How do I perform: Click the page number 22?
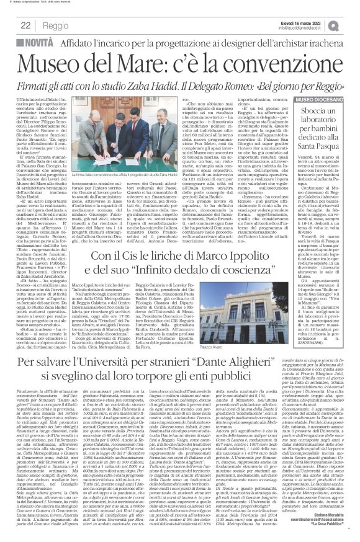tap(9, 25)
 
